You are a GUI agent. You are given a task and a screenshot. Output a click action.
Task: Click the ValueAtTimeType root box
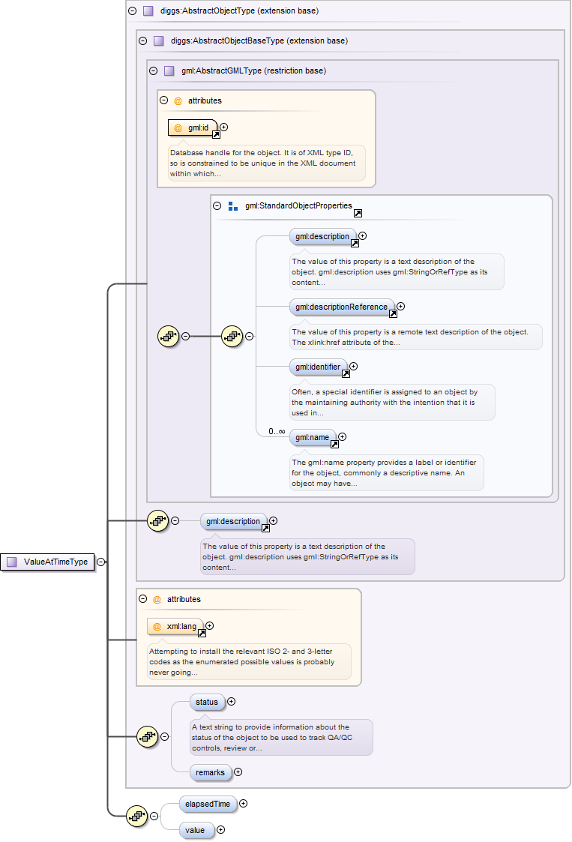(49, 562)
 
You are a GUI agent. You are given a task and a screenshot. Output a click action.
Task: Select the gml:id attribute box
(193, 127)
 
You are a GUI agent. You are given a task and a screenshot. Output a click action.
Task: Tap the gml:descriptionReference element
(342, 306)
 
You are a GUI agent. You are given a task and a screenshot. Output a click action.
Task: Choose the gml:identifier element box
(318, 367)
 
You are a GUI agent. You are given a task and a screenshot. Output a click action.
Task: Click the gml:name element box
(312, 436)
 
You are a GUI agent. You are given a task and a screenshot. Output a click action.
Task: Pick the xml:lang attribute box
(175, 626)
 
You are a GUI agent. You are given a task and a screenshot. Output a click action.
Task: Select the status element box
(207, 702)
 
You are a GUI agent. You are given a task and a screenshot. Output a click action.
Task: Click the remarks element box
(210, 772)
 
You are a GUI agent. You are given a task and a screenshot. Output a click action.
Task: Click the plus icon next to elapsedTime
(243, 804)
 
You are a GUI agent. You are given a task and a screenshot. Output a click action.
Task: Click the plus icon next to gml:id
(223, 127)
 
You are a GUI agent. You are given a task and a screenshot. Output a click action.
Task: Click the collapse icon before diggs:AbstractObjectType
(133, 11)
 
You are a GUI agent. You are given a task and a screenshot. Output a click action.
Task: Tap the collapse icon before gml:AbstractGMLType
(154, 70)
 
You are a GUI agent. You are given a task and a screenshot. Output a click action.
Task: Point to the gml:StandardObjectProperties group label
(298, 205)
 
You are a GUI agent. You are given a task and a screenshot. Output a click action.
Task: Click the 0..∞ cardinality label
(277, 431)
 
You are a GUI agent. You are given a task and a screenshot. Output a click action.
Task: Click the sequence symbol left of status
(146, 736)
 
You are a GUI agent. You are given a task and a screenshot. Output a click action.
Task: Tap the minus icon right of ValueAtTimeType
(100, 562)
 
